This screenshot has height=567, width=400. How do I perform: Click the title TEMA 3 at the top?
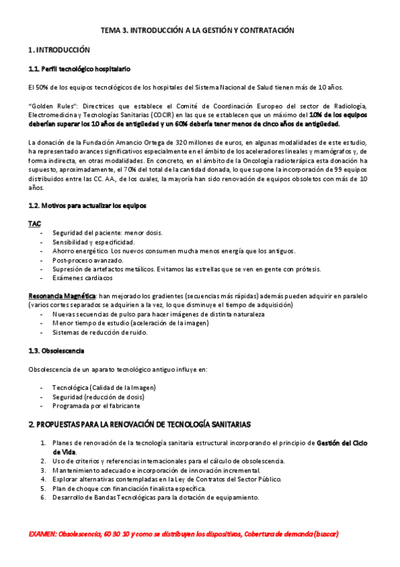click(197, 31)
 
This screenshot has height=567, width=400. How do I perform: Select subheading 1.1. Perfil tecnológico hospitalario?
click(79, 69)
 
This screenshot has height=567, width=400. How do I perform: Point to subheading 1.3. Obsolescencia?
click(56, 350)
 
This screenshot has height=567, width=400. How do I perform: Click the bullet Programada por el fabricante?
click(96, 405)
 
